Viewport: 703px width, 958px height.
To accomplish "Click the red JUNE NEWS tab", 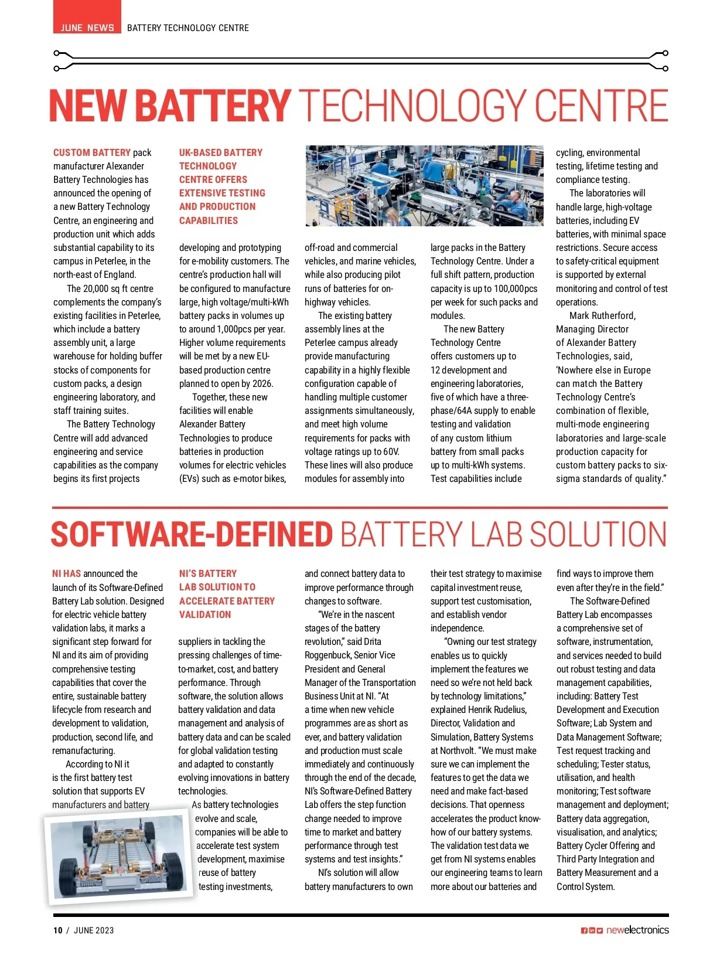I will pyautogui.click(x=87, y=27).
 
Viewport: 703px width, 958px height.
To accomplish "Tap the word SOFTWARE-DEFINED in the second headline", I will pyautogui.click(x=192, y=534).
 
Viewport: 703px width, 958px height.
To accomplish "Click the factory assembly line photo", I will pyautogui.click(x=424, y=186).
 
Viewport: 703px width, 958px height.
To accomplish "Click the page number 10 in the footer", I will pyautogui.click(x=57, y=930).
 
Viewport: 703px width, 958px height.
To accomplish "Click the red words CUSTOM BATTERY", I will pyautogui.click(x=92, y=152).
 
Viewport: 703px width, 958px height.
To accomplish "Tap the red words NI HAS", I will pyautogui.click(x=66, y=574).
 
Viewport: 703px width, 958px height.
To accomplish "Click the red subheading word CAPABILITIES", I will pyautogui.click(x=209, y=220).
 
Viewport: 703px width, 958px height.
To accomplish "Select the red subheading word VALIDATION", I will pyautogui.click(x=204, y=614).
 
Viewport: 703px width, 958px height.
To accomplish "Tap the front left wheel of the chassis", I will pyautogui.click(x=70, y=873).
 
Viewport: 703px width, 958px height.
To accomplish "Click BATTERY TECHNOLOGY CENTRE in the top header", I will pyautogui.click(x=187, y=28).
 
